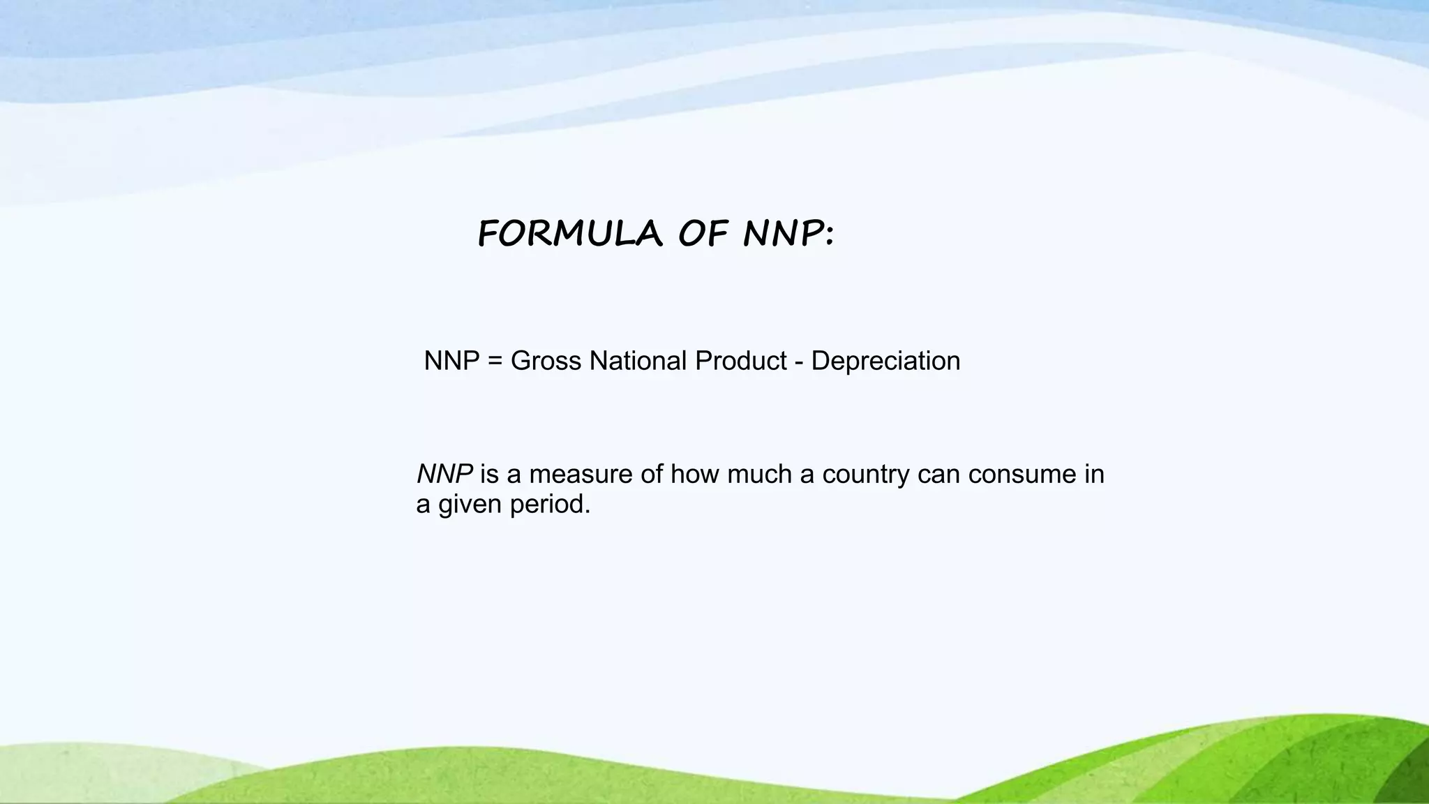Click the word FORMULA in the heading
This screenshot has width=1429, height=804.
569,233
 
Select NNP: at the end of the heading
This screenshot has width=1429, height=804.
788,233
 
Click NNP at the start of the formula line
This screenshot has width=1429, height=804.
451,361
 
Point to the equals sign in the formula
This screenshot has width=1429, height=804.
495,362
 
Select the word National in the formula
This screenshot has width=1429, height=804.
638,361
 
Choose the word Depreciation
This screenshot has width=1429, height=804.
885,362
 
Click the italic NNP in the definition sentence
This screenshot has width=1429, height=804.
444,474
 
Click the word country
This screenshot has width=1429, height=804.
866,475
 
